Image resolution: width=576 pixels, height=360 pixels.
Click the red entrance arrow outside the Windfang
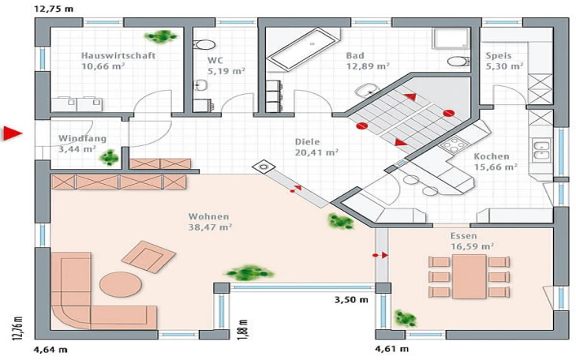[x=12, y=133]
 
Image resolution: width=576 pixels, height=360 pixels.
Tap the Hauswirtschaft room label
[x=118, y=55]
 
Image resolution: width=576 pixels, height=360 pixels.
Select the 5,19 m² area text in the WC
[x=226, y=71]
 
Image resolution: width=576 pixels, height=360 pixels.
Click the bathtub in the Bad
[x=304, y=49]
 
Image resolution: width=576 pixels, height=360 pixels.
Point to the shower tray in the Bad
[x=451, y=38]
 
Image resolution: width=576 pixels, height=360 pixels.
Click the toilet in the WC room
[x=204, y=45]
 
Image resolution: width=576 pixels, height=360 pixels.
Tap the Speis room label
[x=499, y=55]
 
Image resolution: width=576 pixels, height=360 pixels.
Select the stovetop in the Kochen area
[x=454, y=144]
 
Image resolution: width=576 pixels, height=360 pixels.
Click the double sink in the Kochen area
[x=541, y=151]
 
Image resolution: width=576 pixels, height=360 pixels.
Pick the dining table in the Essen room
[x=469, y=276]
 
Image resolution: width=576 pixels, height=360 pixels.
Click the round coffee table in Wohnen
[x=121, y=284]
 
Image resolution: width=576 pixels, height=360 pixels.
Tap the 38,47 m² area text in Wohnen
[x=210, y=227]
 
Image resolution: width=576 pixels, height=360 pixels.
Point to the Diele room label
[x=307, y=141]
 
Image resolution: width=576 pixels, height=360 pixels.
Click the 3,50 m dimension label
[x=351, y=300]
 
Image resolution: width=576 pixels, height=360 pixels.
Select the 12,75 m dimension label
[x=54, y=9]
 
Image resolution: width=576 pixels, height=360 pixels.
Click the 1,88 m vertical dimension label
[x=245, y=329]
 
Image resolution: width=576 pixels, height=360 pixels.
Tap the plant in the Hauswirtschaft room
[x=161, y=36]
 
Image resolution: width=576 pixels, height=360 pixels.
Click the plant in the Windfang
[x=109, y=157]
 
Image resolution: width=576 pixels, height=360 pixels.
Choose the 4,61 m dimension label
[x=391, y=349]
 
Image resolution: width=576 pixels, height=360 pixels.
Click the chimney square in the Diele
[x=264, y=167]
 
